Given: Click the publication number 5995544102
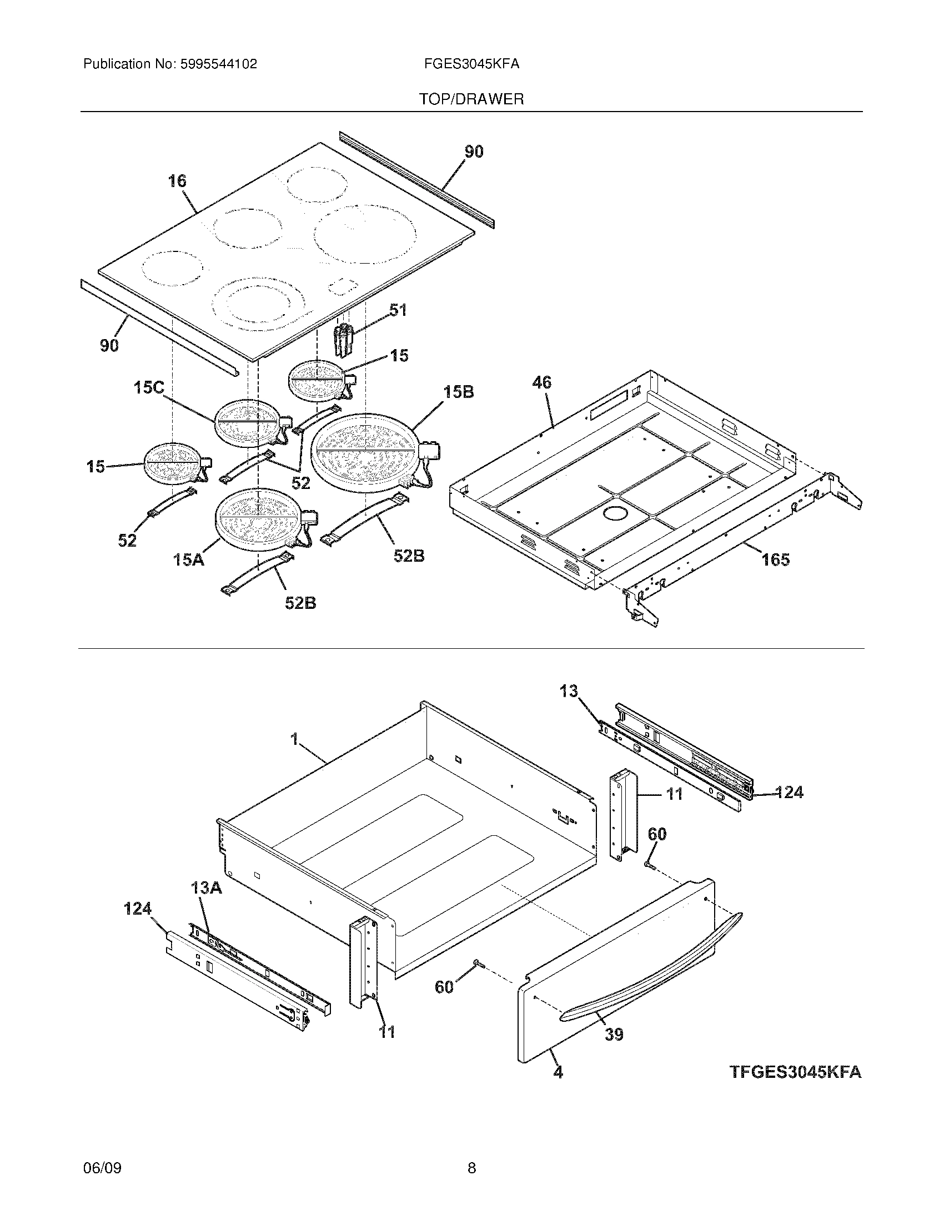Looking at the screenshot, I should pos(218,64).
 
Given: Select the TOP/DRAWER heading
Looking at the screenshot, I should pos(471,99).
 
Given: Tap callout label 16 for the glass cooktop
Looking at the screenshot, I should pos(177,181).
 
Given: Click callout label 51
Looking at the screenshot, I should pos(398,310).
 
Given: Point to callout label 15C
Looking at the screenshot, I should pos(149,387).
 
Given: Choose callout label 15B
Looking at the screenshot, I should pos(459,392).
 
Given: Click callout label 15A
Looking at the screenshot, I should pos(188,558).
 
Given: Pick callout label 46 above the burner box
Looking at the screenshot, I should pos(541,383).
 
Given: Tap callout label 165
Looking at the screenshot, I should pos(775,559).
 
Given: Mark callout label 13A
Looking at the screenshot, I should pos(207,888).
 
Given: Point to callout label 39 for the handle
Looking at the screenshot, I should pos(614,1035).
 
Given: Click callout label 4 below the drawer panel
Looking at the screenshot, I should pos(558,1072).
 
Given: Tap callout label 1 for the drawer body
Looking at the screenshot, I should pos(294,740).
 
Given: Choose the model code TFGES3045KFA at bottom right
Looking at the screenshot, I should pos(795,1072).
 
